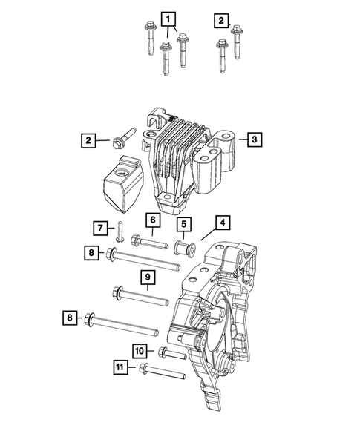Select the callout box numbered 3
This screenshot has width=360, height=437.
[x=253, y=139]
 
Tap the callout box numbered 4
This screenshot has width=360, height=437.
[x=222, y=222]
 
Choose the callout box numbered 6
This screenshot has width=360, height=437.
[x=151, y=220]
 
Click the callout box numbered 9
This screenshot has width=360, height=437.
[x=147, y=277]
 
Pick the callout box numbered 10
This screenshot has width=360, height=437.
[x=139, y=349]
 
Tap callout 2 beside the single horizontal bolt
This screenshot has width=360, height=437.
[x=88, y=139]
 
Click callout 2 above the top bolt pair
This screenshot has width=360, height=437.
[x=221, y=19]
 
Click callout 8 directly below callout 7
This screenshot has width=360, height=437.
[x=91, y=254]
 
